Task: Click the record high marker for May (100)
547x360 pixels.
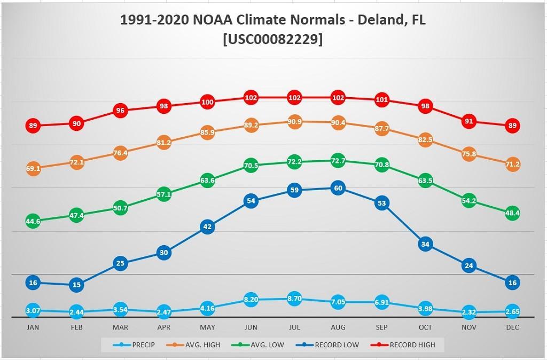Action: coord(207,102)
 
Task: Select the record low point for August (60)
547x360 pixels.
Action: coord(338,188)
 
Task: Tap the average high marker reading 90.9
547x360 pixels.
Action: coord(294,122)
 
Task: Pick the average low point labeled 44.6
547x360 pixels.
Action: coord(33,221)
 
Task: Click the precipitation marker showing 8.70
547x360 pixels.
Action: coord(294,299)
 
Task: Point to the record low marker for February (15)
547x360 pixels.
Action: coord(76,285)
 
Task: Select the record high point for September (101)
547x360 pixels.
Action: coord(381,100)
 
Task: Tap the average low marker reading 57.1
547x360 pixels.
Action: coord(163,195)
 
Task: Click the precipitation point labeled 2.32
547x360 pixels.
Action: coord(468,312)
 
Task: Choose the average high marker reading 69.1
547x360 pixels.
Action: coord(33,169)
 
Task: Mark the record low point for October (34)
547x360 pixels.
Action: coord(425,245)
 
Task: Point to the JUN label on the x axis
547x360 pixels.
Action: coord(251,327)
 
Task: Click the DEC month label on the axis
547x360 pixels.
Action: coord(512,327)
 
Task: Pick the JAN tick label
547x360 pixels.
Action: coord(33,327)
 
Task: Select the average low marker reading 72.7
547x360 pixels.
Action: coord(338,160)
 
